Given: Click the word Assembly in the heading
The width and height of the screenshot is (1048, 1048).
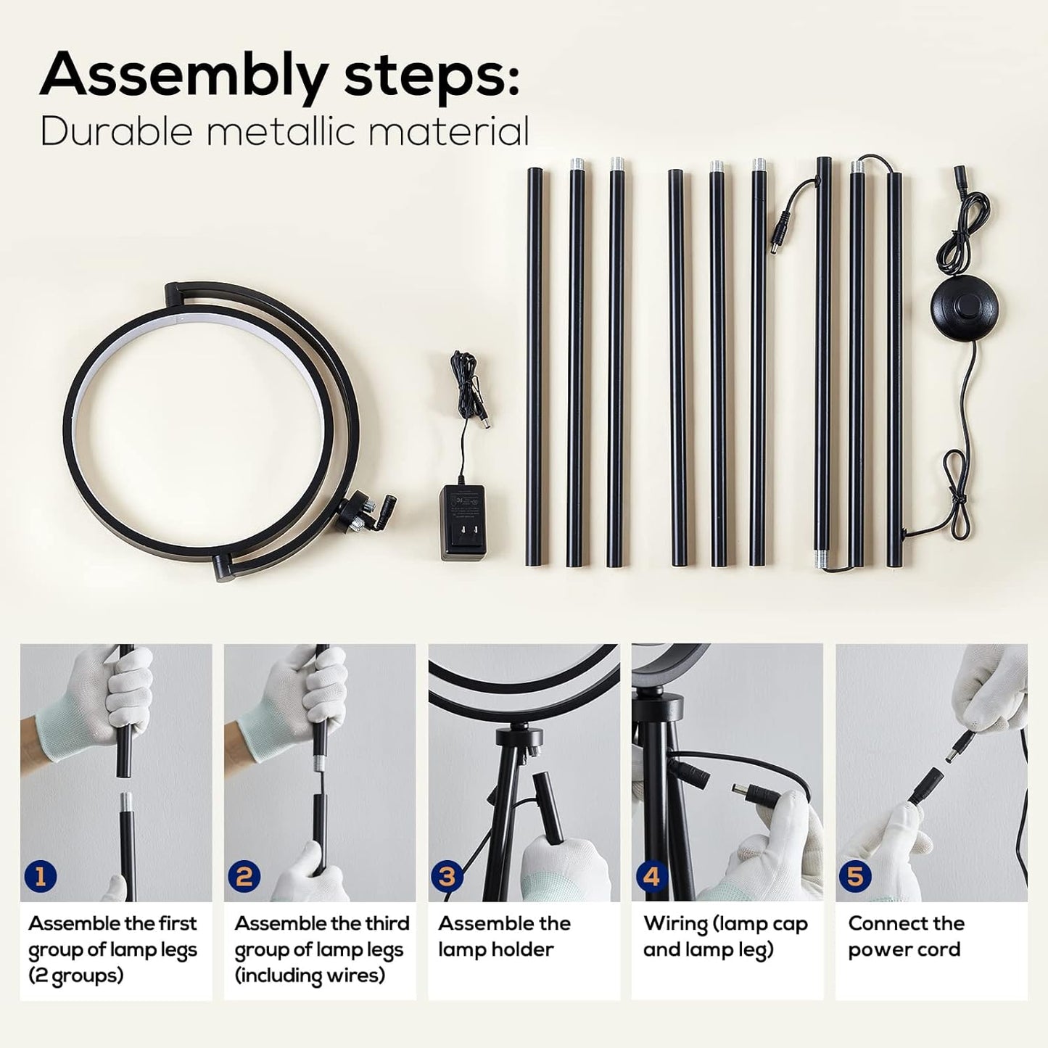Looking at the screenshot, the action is [183, 76].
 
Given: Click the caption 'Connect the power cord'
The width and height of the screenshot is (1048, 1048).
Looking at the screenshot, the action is [906, 936].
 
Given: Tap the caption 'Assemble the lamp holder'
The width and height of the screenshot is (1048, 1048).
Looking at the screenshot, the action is [504, 936].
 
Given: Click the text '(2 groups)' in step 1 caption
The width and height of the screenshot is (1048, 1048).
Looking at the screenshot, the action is [76, 975].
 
